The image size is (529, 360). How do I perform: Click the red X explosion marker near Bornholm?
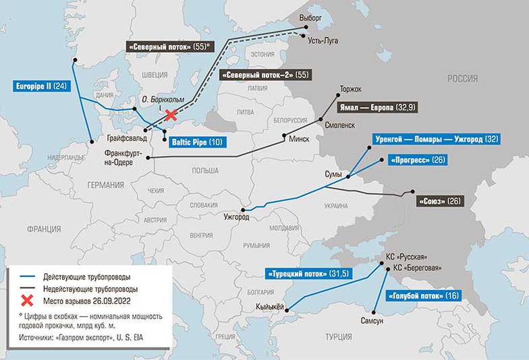point(171,115)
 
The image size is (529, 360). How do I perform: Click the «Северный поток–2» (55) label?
point(265,74)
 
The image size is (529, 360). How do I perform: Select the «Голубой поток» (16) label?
point(422,296)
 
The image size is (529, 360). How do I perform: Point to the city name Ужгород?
point(236,217)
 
